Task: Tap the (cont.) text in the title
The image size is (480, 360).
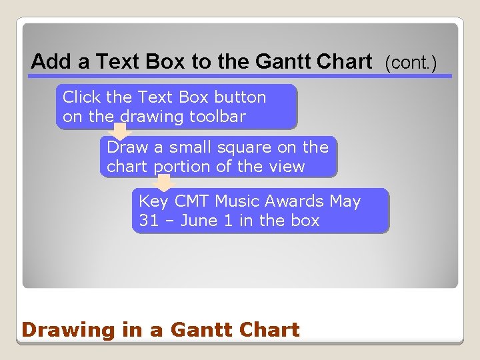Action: [411, 63]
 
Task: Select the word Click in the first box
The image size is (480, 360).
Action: [82, 97]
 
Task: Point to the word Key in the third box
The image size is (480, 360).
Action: [153, 201]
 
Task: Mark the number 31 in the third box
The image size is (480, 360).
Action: [149, 221]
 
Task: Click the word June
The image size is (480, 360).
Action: [199, 221]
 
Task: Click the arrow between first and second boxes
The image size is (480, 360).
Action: [121, 133]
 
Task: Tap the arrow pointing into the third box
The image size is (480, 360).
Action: [164, 183]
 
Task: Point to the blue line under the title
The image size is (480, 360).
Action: [240, 76]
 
